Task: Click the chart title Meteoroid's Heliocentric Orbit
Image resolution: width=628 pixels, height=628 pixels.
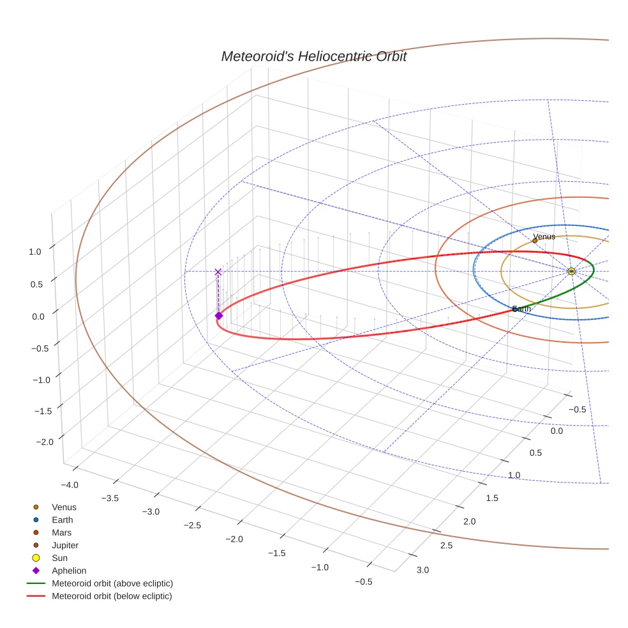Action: tap(313, 56)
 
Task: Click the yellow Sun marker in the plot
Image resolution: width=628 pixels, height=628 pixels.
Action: tap(571, 271)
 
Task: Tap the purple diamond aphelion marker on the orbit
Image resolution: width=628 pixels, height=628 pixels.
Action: tap(218, 315)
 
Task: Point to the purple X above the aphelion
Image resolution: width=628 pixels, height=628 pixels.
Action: tap(218, 272)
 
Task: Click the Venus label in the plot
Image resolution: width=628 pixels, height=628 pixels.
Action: tap(544, 237)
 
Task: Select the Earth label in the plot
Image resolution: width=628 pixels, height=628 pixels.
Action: tap(521, 309)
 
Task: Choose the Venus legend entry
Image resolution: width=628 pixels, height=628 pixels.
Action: tap(64, 507)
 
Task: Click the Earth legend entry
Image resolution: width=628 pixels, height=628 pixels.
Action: tap(63, 520)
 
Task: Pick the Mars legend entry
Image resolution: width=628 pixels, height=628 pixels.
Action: tap(62, 532)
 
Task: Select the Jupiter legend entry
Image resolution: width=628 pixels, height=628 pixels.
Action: tap(65, 545)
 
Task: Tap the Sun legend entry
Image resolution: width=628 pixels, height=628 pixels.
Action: tap(60, 558)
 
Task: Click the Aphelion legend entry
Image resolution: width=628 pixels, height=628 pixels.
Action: tap(69, 571)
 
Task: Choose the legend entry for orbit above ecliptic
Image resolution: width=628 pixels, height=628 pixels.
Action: tap(112, 583)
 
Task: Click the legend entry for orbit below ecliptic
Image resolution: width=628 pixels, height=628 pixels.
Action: tap(112, 596)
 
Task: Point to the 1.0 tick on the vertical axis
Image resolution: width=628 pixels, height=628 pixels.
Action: tap(35, 251)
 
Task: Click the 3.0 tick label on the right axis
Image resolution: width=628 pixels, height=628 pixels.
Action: tap(422, 569)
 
